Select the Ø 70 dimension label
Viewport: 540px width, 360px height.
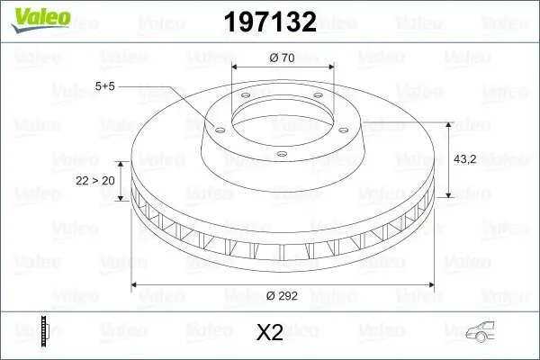click(x=283, y=58)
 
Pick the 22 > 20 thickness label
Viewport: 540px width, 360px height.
click(x=96, y=180)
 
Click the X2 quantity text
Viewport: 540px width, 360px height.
click(x=270, y=333)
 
